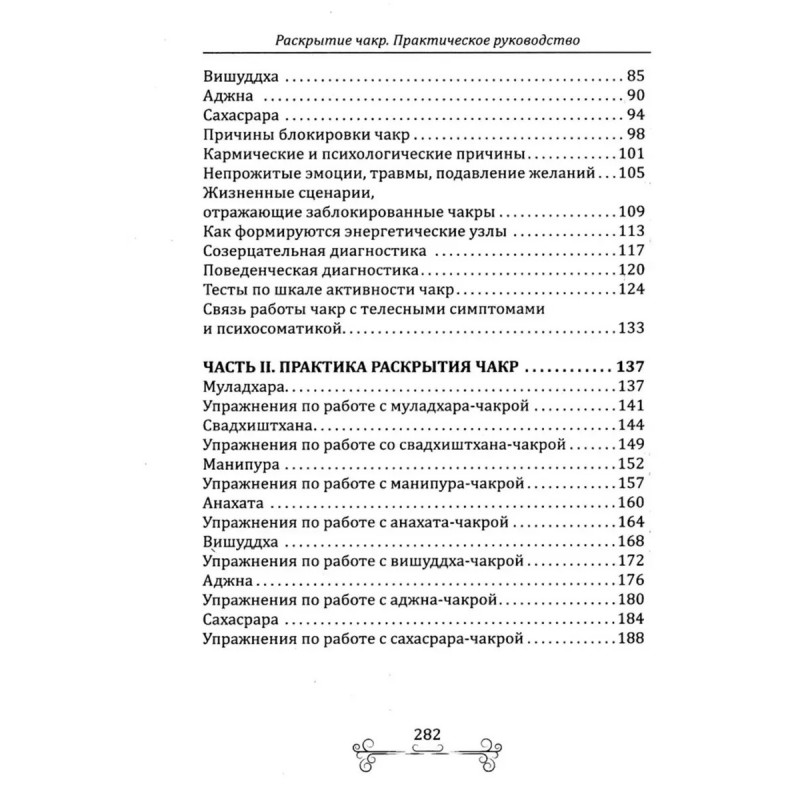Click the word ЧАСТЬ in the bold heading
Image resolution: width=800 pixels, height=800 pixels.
click(228, 367)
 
